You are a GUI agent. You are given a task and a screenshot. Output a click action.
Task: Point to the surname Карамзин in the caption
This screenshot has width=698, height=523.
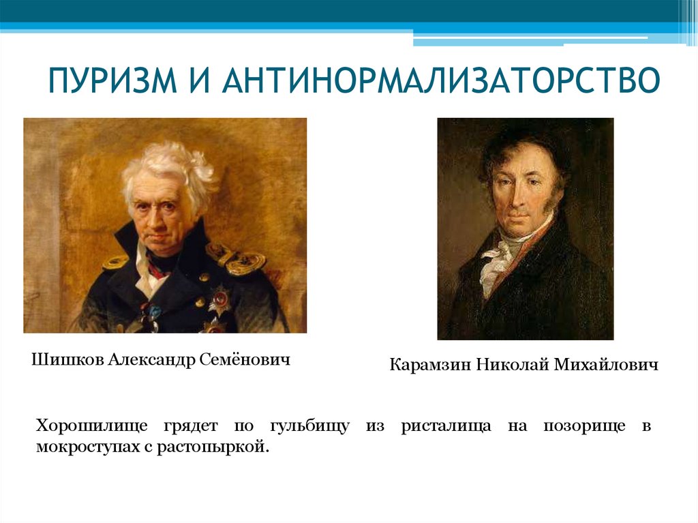pyautogui.click(x=430, y=367)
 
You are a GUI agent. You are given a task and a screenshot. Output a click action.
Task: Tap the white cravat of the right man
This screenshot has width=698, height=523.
pyautogui.click(x=496, y=263)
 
